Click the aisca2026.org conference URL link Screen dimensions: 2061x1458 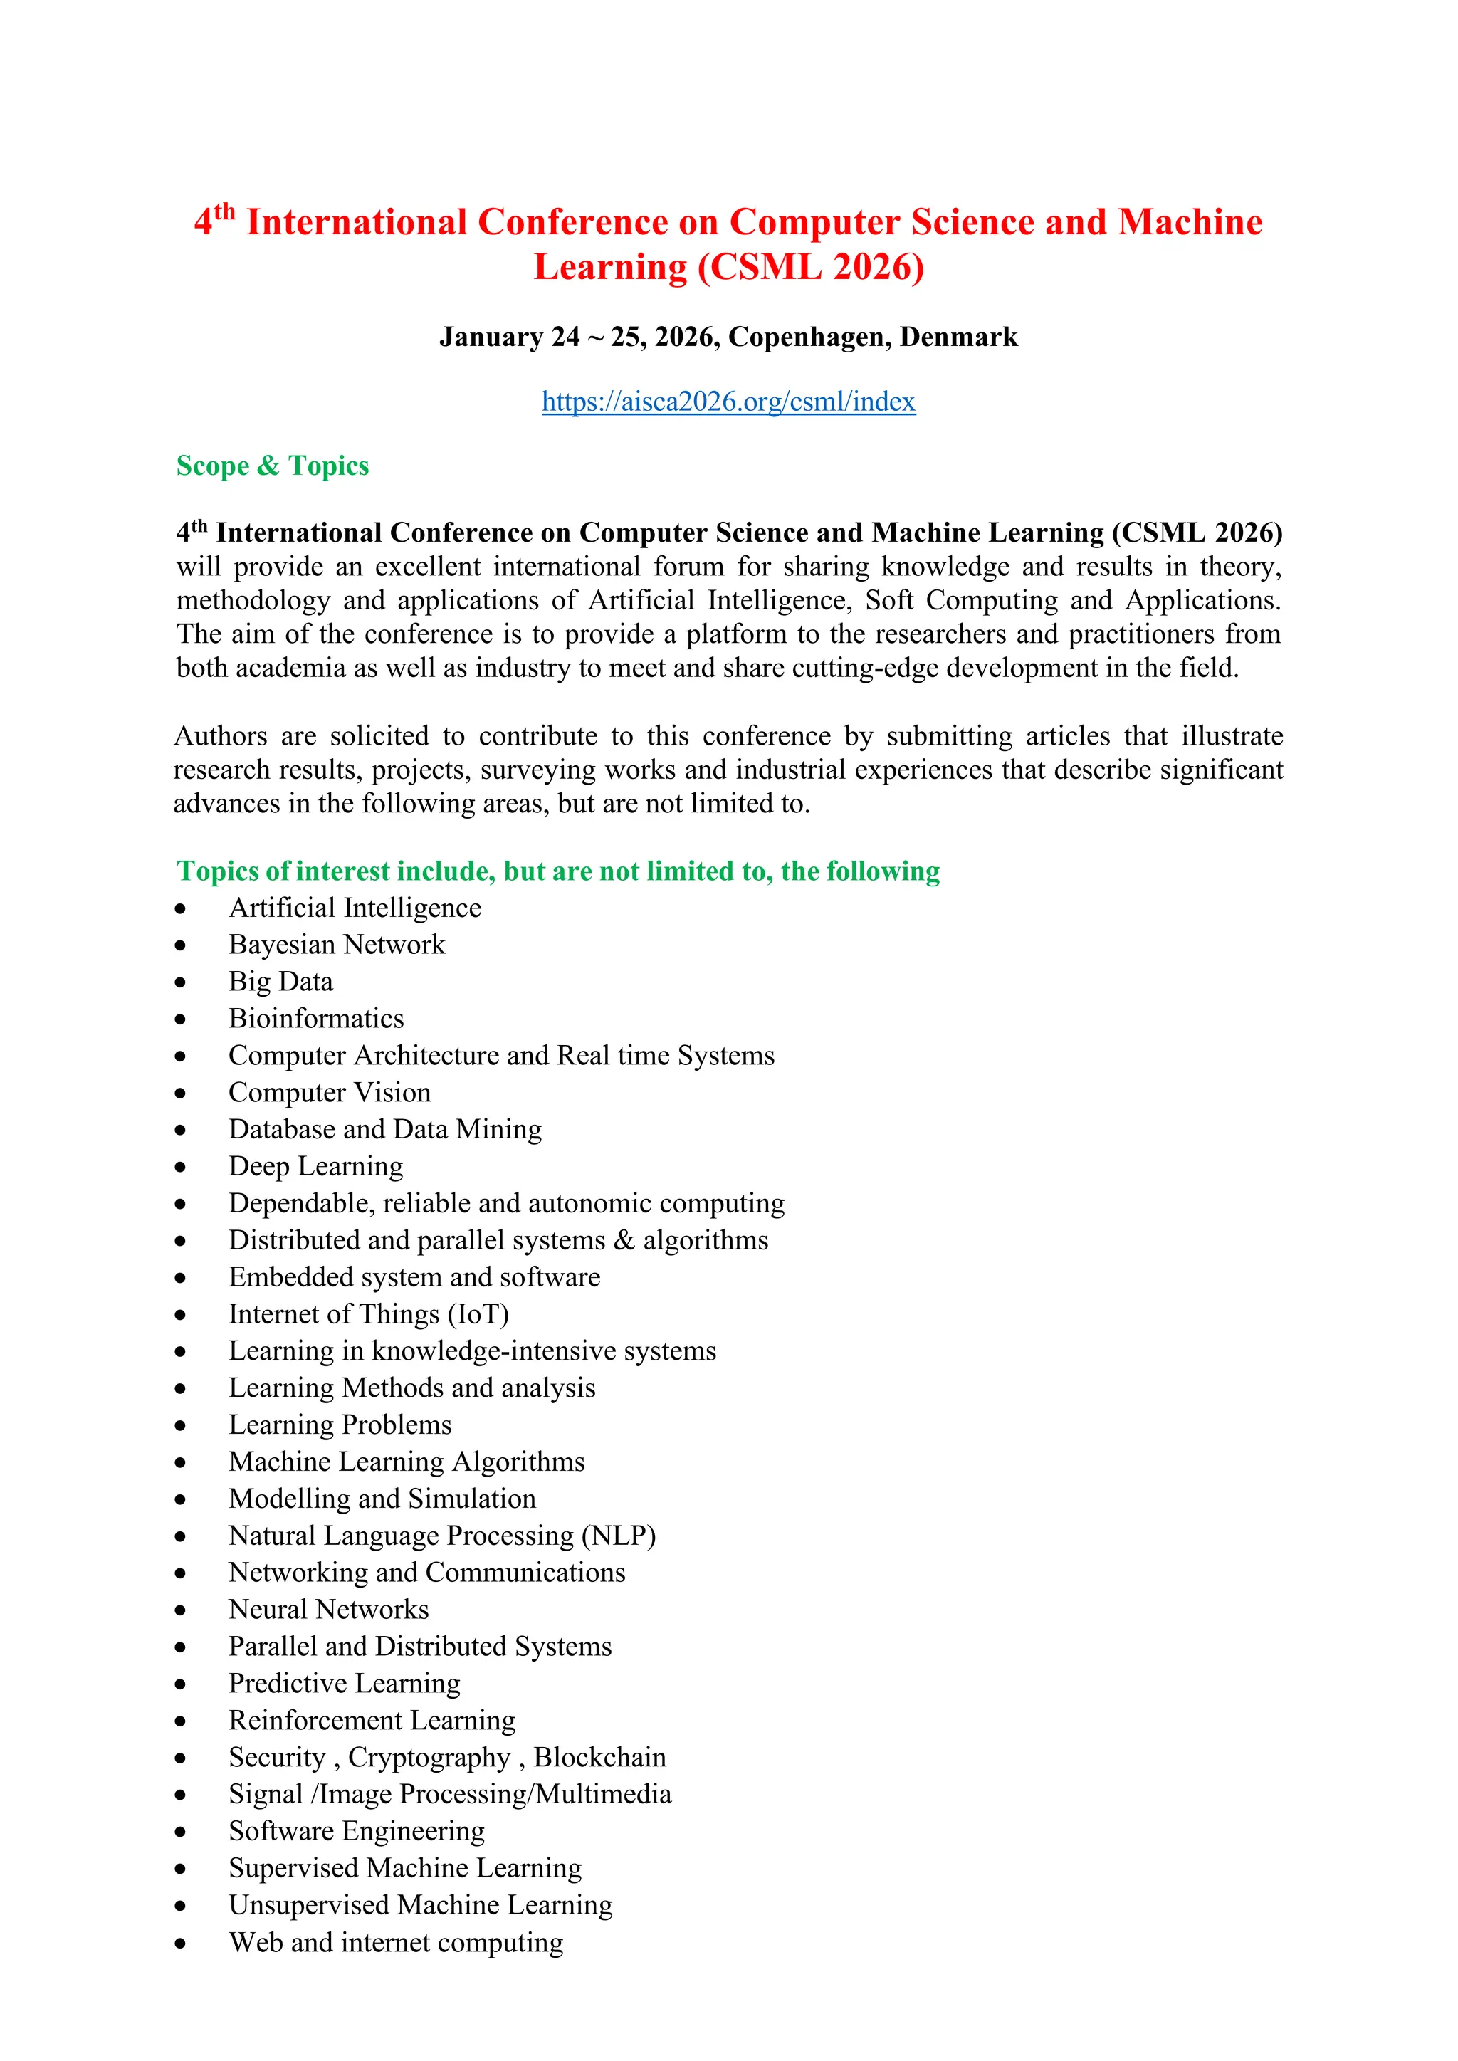tap(728, 402)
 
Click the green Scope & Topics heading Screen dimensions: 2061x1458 tap(272, 466)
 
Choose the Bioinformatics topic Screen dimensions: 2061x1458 tap(316, 1018)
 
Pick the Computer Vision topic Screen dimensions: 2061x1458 tap(330, 1093)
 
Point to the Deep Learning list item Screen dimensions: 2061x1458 tap(316, 1166)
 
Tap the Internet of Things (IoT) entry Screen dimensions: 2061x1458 tap(368, 1314)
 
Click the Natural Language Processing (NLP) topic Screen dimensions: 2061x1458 tap(441, 1536)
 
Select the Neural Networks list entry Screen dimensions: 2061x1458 tap(329, 1610)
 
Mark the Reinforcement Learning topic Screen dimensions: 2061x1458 tap(372, 1720)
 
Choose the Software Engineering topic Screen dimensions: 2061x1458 tap(357, 1831)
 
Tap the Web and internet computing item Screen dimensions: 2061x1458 tap(396, 1943)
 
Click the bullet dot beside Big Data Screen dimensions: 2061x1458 tap(180, 983)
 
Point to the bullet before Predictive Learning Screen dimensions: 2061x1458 tap(180, 1685)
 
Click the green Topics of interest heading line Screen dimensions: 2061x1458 tap(557, 871)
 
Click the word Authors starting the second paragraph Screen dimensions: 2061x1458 tap(220, 736)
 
